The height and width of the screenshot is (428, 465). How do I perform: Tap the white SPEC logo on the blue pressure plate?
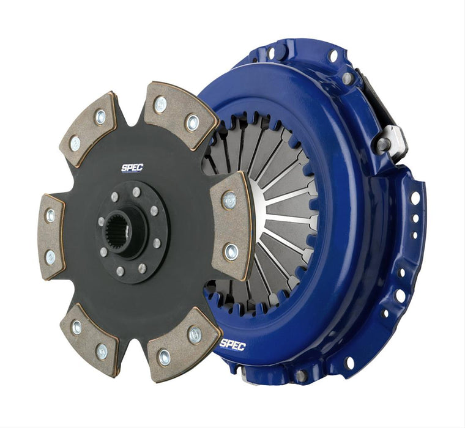point(232,345)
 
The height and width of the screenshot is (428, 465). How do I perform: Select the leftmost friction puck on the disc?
point(50,235)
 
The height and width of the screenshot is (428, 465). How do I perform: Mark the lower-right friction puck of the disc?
point(182,342)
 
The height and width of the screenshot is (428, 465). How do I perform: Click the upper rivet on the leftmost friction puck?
point(50,215)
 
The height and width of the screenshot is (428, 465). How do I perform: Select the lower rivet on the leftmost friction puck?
point(50,257)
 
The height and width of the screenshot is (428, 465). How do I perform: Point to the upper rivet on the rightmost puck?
point(230,199)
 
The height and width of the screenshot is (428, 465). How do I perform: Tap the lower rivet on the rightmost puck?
point(231,250)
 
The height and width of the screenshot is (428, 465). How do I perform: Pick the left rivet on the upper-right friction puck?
point(160,105)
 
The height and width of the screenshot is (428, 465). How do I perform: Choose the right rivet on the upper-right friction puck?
point(192,122)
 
